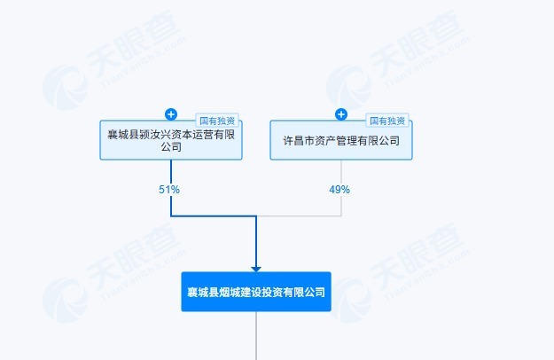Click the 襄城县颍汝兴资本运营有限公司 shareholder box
pos(171,140)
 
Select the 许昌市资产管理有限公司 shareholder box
pos(341,140)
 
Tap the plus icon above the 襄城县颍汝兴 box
pos(171,114)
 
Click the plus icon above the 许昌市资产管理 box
pos(341,114)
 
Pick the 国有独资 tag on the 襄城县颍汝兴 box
pos(217,121)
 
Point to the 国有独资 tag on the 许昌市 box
pos(387,121)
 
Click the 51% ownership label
pos(169,190)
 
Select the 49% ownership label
pos(339,190)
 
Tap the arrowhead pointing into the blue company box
pos(256,270)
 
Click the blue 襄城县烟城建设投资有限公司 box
pos(256,292)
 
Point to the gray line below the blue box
pos(256,336)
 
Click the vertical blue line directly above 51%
pos(171,172)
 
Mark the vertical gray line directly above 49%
pos(341,172)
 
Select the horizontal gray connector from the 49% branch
pos(300,215)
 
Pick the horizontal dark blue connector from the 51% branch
pos(214,215)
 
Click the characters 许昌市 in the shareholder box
pos(299,141)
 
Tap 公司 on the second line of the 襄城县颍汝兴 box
pos(171,146)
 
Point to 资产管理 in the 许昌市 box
pos(336,141)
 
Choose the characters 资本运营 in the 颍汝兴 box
pos(192,134)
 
